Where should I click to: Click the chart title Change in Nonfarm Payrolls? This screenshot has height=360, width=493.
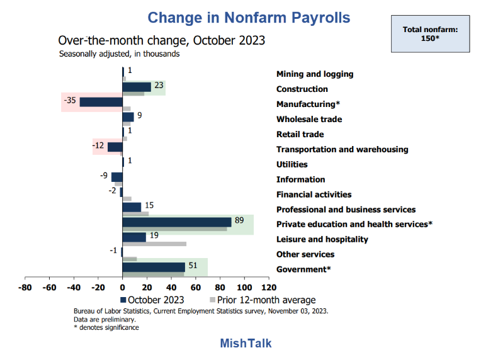coord(249,17)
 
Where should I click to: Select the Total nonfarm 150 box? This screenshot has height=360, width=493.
coord(430,34)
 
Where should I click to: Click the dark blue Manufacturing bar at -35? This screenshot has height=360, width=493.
coord(101,102)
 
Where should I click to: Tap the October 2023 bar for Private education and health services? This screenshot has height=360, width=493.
coord(177,222)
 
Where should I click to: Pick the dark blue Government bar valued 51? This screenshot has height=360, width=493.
coord(154,267)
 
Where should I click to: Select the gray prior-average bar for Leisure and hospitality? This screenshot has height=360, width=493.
coord(154,244)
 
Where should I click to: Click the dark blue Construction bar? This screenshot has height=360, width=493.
coord(137,87)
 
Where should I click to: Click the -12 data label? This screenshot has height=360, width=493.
coord(98,146)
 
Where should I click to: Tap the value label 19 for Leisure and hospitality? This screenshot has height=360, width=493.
coord(154,235)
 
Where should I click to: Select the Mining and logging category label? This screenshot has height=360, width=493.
coord(315,74)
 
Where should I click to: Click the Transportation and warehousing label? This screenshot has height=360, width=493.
coord(342,149)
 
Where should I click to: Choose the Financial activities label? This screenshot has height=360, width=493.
coord(314,194)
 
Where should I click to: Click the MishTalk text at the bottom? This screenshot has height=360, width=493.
coord(246,344)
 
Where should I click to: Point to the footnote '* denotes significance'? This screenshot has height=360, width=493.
coord(106,327)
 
